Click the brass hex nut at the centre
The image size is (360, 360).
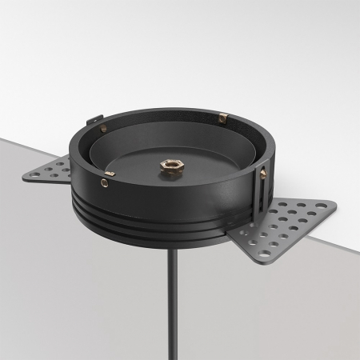pos(171,169)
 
